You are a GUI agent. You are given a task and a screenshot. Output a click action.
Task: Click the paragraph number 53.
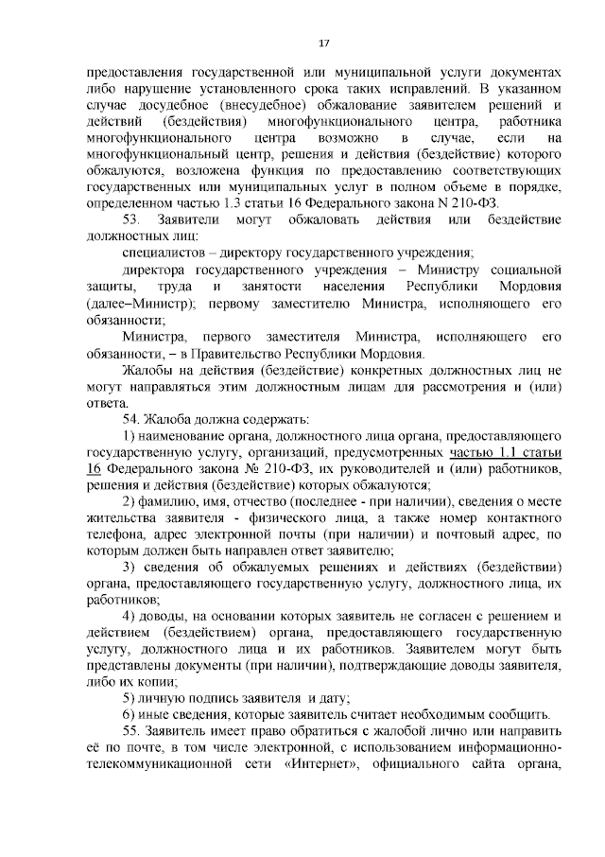pyautogui.click(x=131, y=219)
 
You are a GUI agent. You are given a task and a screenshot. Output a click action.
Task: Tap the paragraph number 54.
pyautogui.click(x=131, y=419)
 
